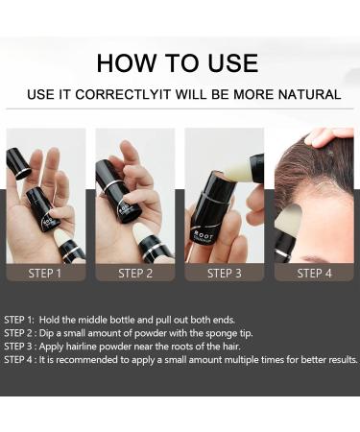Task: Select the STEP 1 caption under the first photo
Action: click(x=45, y=273)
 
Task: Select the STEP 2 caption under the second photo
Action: click(x=135, y=273)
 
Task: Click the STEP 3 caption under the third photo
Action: click(x=224, y=273)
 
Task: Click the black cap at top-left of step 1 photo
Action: click(x=18, y=162)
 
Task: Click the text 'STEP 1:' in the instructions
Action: click(x=21, y=320)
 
